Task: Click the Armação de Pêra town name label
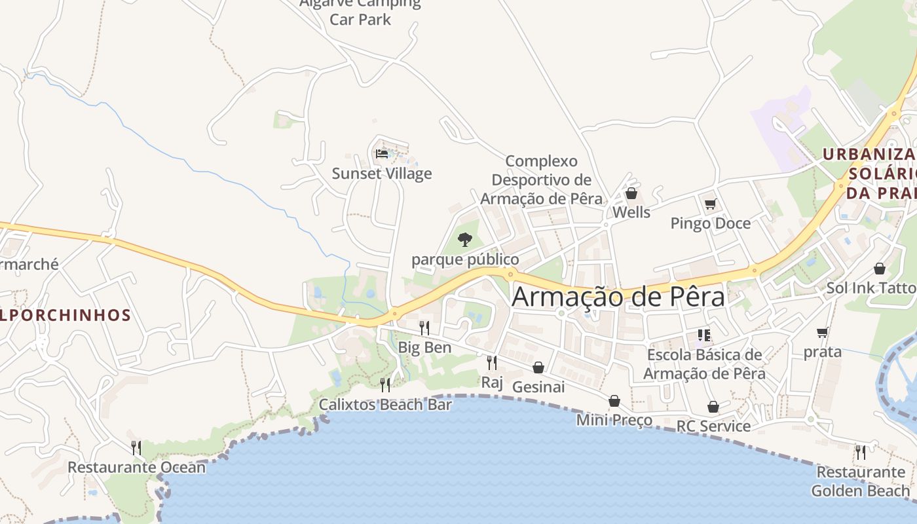pos(618,296)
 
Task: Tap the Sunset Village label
pos(382,174)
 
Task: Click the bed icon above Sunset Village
pos(382,154)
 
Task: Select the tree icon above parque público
pos(465,239)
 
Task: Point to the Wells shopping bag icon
pos(631,193)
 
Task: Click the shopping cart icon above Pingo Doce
pos(710,204)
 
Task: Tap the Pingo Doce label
pos(710,223)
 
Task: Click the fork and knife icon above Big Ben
pos(424,327)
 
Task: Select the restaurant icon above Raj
pos(492,362)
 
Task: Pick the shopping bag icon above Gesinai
pos(538,367)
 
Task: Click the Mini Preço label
pos(614,420)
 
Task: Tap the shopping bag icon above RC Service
pos(713,407)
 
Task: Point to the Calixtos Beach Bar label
pos(385,405)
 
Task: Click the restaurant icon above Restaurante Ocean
pos(136,447)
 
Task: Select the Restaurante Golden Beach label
pos(861,481)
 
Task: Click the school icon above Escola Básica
pos(704,335)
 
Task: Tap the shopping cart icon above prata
pos(823,332)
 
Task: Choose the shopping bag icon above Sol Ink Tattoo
pos(880,269)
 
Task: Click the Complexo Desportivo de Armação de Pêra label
pos(542,179)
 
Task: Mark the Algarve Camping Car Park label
pos(360,11)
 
